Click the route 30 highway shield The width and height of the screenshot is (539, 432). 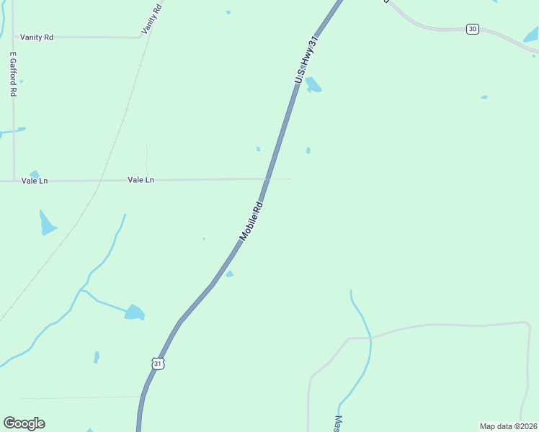(472, 29)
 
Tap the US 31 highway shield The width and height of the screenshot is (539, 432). (159, 364)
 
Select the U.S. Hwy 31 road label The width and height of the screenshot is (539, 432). (306, 60)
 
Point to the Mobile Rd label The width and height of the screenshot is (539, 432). (251, 220)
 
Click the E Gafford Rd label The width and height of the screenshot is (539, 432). (13, 74)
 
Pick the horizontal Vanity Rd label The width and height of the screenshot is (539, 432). (37, 37)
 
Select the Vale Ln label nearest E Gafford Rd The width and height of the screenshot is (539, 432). (35, 181)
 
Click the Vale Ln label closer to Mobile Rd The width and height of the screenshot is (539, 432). (141, 179)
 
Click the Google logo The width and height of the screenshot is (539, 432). (24, 423)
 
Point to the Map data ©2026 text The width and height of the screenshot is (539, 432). (508, 426)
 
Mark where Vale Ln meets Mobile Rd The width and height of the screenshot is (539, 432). (267, 179)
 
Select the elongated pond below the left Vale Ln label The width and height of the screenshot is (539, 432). (47, 223)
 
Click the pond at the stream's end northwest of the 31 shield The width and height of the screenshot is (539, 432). (134, 312)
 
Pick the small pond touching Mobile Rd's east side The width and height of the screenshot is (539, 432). (229, 274)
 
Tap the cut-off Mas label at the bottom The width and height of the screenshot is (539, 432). (337, 423)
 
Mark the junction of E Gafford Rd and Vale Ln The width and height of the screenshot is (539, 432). (14, 181)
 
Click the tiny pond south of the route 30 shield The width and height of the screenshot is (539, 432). (484, 97)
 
